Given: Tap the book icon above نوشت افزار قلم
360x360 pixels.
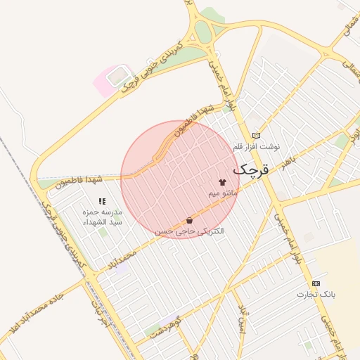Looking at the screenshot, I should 256,136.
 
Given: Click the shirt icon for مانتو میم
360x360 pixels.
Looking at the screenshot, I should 223,181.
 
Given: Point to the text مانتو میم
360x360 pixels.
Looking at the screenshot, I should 224,192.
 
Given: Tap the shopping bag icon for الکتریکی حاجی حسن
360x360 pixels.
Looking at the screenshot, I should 190,220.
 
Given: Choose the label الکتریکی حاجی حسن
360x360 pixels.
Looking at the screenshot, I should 190,231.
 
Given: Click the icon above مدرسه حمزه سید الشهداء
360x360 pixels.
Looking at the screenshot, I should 103,201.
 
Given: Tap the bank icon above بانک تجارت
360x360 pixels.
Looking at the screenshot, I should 316,283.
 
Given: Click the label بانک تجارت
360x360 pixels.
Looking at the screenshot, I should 316,293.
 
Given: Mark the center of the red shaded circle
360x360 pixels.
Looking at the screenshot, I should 180,180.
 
